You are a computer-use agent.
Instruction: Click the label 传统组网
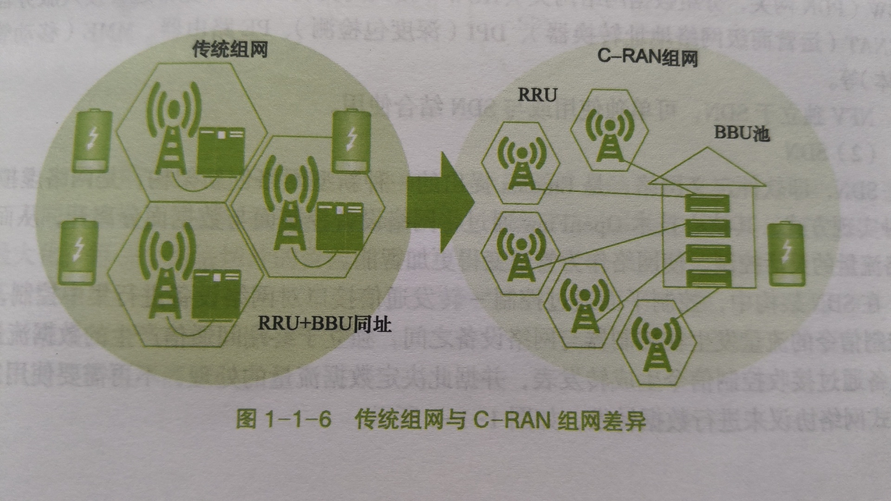click(230, 49)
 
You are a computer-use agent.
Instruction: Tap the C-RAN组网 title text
click(647, 58)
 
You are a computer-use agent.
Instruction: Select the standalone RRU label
click(537, 95)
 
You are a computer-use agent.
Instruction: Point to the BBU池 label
click(742, 133)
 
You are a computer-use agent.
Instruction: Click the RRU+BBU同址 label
click(324, 323)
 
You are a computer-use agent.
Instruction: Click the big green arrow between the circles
click(439, 202)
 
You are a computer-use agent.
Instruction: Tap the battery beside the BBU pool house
click(786, 254)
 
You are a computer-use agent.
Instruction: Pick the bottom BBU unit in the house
click(708, 279)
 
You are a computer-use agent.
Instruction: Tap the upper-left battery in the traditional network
click(92, 141)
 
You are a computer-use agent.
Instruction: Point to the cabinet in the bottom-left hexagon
click(216, 295)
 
